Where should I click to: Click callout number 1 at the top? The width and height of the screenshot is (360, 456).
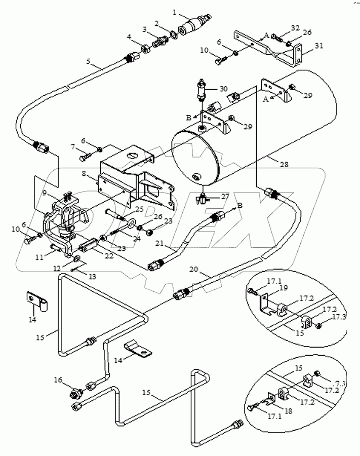174,11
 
